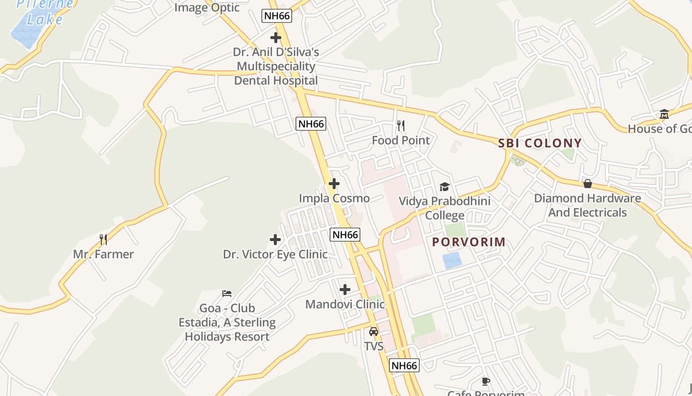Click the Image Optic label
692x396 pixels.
point(207,7)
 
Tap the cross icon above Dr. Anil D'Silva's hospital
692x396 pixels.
point(276,38)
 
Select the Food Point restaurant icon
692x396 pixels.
point(401,126)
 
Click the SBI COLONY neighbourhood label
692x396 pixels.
point(540,144)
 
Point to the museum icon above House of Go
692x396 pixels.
point(664,114)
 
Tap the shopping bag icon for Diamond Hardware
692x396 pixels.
point(588,184)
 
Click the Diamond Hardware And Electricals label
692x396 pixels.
point(587,205)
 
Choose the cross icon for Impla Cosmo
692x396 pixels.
point(334,184)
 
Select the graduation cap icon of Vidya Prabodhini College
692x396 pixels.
point(444,187)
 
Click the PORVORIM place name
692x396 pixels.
point(469,242)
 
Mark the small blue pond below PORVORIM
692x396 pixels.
point(452,260)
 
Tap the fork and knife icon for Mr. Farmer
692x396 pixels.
point(103,240)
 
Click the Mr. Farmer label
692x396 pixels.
point(103,254)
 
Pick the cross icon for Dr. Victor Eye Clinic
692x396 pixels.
point(275,240)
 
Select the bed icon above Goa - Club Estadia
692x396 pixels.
point(227,294)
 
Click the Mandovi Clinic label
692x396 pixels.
point(345,304)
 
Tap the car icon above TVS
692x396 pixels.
point(374,332)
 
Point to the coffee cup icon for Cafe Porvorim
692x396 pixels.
point(486,381)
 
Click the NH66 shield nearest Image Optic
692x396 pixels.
point(277,16)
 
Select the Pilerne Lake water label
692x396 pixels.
point(44,12)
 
